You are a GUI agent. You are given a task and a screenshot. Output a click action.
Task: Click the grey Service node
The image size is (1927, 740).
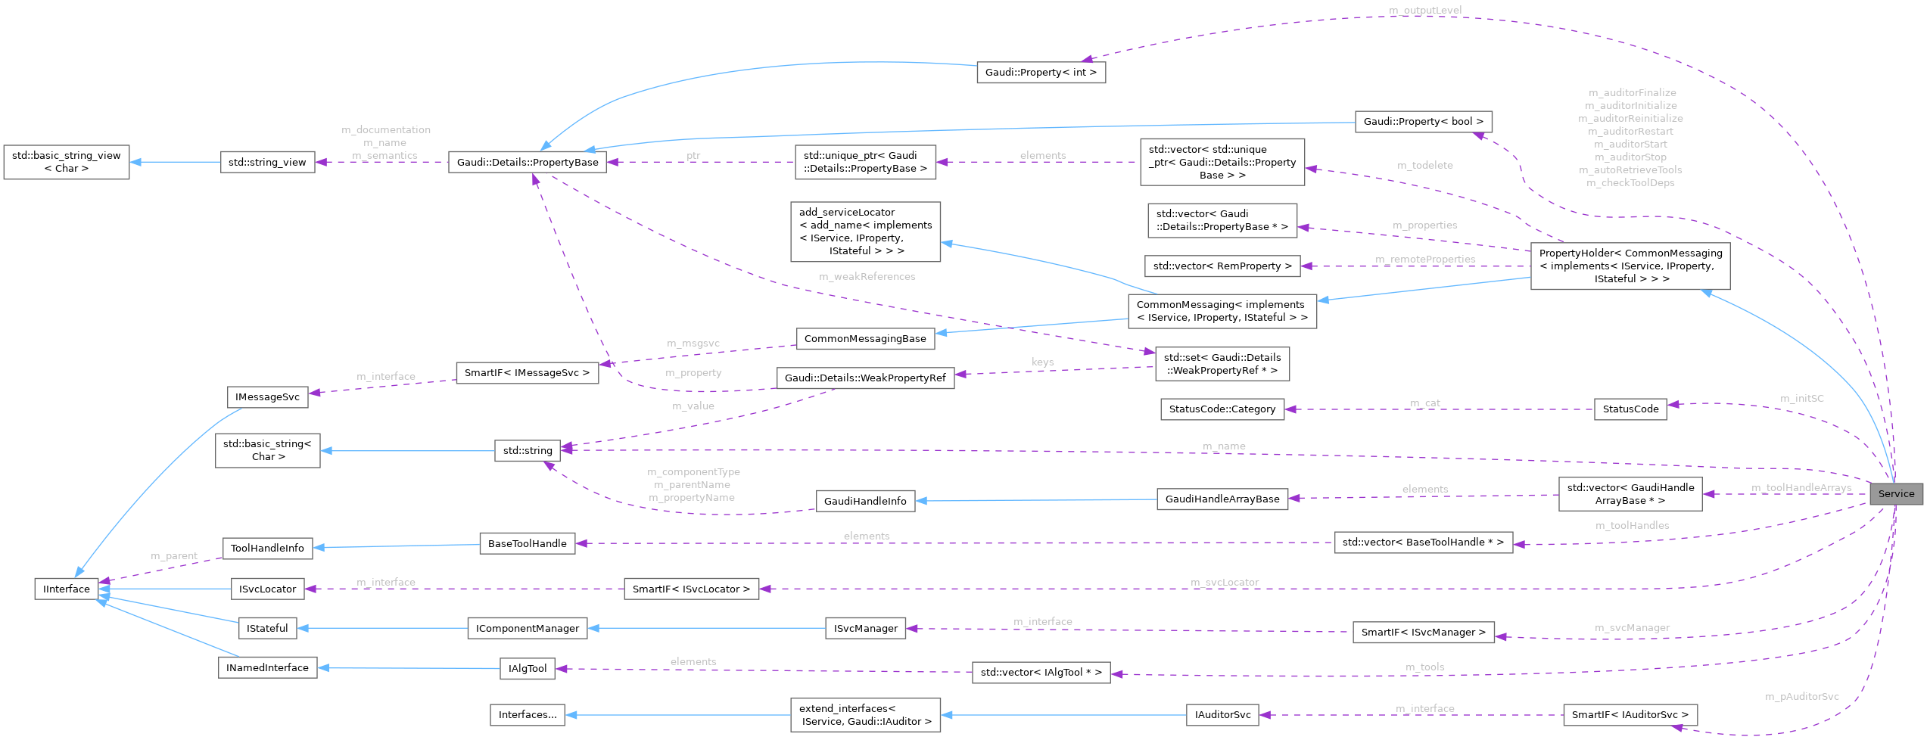tap(1895, 493)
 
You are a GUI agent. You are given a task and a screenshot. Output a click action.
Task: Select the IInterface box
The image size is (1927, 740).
tap(67, 589)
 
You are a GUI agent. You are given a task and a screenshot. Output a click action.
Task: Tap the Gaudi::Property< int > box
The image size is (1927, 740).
tap(1041, 73)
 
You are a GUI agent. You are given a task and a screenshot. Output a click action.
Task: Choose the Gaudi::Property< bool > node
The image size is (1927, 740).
tap(1423, 121)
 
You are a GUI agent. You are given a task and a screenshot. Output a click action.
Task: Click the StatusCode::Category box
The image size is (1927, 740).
tap(1222, 409)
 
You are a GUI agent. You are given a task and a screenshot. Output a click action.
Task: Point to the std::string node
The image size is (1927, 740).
tap(528, 450)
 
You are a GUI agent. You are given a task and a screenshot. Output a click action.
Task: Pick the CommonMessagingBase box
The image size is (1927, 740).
tap(864, 339)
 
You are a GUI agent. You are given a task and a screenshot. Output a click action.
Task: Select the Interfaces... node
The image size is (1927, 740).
tap(527, 714)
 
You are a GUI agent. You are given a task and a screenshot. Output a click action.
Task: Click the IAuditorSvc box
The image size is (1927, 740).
tap(1222, 714)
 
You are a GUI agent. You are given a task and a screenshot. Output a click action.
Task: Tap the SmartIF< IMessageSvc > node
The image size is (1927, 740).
tap(527, 373)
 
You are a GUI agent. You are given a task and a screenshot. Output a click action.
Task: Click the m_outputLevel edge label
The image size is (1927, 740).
tap(1425, 10)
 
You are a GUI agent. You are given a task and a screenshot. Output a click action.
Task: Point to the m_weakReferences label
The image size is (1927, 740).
tap(867, 277)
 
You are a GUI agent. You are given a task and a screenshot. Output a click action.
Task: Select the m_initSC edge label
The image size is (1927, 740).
tap(1801, 398)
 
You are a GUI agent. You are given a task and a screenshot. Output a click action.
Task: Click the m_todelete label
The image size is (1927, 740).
tap(1424, 165)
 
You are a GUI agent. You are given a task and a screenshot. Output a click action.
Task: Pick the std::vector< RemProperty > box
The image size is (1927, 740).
tap(1222, 266)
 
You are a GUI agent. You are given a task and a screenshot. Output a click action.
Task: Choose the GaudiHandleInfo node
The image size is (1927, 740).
tap(864, 501)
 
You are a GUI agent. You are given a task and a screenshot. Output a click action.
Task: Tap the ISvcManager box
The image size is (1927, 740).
tap(865, 628)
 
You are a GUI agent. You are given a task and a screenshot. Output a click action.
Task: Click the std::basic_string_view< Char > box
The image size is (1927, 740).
tap(67, 162)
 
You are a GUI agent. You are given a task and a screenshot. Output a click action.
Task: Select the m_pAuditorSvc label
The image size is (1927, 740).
tap(1801, 696)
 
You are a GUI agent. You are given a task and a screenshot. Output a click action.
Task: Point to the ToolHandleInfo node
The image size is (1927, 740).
tap(267, 549)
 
